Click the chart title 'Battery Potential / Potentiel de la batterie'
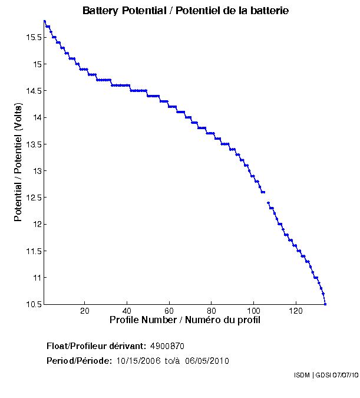point(186,11)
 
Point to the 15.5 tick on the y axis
point(32,37)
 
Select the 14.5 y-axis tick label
point(32,91)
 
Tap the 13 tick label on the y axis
point(37,171)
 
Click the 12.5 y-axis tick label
point(32,198)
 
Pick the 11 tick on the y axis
point(37,278)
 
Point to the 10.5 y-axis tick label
point(32,304)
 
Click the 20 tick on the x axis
point(85,311)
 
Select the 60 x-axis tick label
point(169,311)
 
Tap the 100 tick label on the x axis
point(253,311)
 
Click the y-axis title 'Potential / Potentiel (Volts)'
point(18,162)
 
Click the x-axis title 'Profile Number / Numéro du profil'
point(185,320)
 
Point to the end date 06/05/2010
point(207,361)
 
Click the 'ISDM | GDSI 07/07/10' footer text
point(325,375)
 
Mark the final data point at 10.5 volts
point(325,304)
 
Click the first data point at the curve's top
point(45,21)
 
